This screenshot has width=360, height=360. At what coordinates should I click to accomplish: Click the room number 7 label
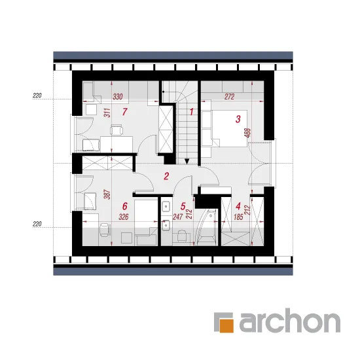pyautogui.click(x=124, y=112)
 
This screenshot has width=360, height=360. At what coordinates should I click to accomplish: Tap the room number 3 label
pyautogui.click(x=238, y=119)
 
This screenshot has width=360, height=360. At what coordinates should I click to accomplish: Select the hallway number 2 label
pyautogui.click(x=166, y=176)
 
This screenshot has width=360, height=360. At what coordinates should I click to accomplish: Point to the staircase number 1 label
pyautogui.click(x=191, y=112)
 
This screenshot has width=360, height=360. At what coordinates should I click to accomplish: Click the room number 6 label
pyautogui.click(x=124, y=206)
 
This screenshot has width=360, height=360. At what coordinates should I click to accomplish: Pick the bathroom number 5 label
pyautogui.click(x=183, y=206)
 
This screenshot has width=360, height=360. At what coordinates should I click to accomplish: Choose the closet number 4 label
pyautogui.click(x=238, y=206)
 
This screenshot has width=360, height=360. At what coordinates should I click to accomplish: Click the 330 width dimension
pyautogui.click(x=118, y=97)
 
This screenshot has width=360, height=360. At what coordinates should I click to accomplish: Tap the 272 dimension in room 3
pyautogui.click(x=229, y=97)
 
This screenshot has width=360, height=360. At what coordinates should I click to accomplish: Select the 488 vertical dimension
pyautogui.click(x=248, y=133)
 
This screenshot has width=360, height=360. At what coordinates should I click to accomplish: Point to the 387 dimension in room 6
pyautogui.click(x=107, y=194)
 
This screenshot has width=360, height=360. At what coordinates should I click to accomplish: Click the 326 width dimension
pyautogui.click(x=124, y=217)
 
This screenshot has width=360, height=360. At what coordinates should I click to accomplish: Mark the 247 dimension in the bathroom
pyautogui.click(x=177, y=217)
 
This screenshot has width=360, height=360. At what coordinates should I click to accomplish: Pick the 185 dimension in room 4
pyautogui.click(x=238, y=217)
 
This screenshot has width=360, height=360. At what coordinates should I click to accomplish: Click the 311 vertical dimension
pyautogui.click(x=107, y=113)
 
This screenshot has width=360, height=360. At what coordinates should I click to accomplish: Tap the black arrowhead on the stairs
pyautogui.click(x=187, y=162)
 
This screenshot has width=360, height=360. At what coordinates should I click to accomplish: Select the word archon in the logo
pyautogui.click(x=290, y=320)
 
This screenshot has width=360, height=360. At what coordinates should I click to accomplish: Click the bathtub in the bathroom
pyautogui.click(x=206, y=228)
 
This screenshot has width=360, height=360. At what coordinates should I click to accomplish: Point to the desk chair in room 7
pyautogui.click(x=117, y=130)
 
